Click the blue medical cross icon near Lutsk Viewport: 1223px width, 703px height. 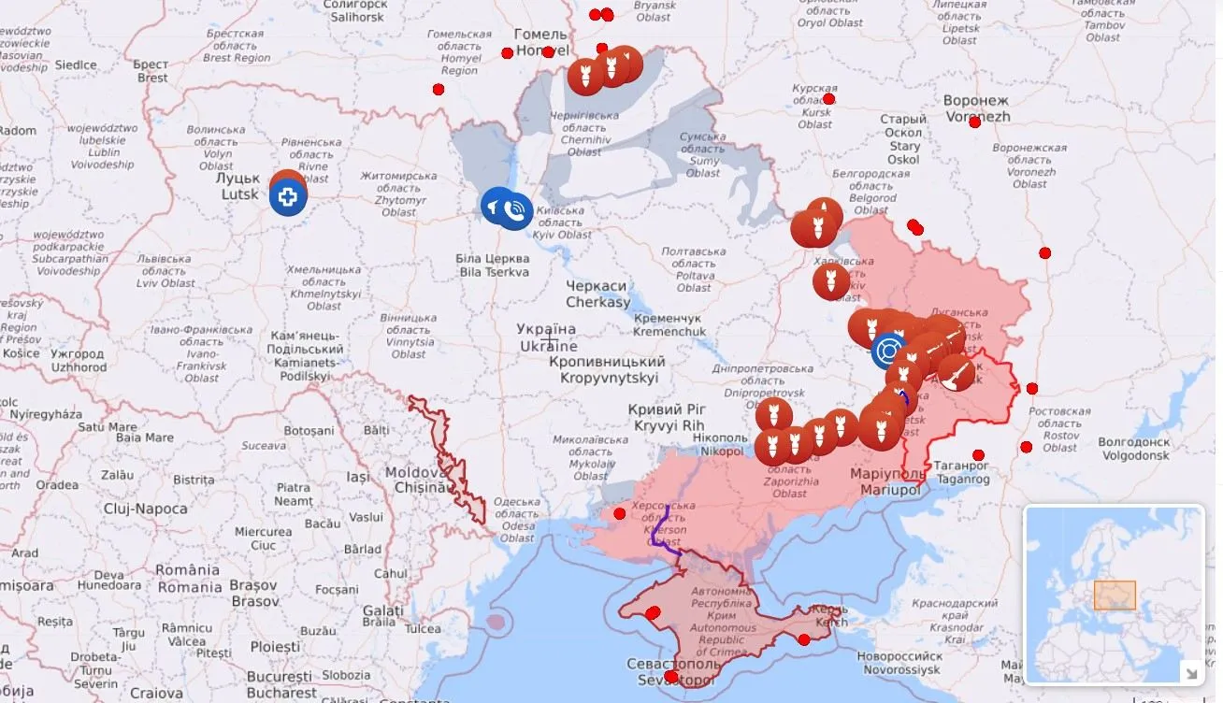(288, 197)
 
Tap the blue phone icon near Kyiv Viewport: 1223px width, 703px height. (514, 210)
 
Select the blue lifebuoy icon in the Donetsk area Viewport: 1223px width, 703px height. (888, 351)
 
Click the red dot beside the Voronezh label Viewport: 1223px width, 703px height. (974, 122)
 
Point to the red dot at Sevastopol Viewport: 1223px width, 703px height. (670, 676)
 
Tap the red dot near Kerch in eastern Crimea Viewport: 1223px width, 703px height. (803, 639)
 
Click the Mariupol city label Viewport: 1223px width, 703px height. (886, 481)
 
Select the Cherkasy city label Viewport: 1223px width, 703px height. (597, 294)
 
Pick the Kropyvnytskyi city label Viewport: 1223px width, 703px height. (608, 369)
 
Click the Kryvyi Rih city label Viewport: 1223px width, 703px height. (669, 417)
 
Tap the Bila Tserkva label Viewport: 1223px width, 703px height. (493, 265)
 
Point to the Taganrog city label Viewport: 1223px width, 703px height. (962, 471)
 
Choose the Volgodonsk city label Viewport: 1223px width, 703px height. (1133, 449)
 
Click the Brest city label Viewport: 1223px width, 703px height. (151, 71)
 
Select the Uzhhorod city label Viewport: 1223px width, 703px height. (79, 361)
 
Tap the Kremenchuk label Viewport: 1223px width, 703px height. (669, 324)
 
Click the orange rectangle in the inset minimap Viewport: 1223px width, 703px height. (1115, 595)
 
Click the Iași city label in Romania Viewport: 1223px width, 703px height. (358, 476)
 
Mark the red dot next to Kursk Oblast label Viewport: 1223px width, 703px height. (828, 98)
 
